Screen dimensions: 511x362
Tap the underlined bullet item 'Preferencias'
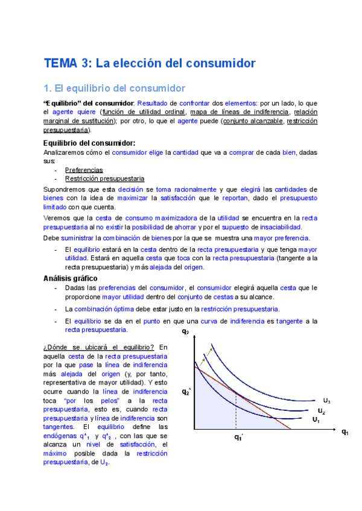coord(84,170)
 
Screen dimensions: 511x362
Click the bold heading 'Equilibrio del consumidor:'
coord(89,143)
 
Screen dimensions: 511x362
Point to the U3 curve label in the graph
coord(326,401)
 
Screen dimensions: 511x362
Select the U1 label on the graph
coord(316,419)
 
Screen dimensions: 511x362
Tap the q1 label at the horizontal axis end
coord(345,431)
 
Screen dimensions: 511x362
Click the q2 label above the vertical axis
coord(185,332)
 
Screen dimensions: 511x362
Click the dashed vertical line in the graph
coord(236,413)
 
